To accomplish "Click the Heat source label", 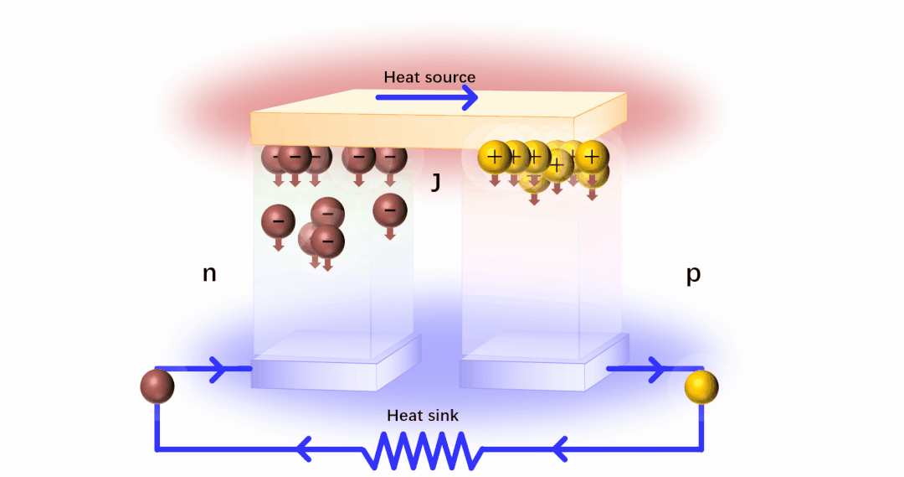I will tap(429, 77).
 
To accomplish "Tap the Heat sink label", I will tap(422, 415).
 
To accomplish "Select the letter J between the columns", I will tap(435, 181).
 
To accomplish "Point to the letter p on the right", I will tap(693, 274).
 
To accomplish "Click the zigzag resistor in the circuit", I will tap(423, 450).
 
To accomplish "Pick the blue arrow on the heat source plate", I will tap(426, 97).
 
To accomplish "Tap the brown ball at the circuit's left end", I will tap(157, 386).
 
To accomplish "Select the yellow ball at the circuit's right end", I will tap(701, 386).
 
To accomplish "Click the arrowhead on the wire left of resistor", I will tap(306, 449).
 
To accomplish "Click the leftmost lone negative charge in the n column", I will tap(278, 222).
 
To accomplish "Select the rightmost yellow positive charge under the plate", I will tap(592, 156).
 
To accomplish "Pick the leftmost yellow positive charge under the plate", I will tap(494, 156).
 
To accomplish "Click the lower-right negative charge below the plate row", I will tap(389, 210).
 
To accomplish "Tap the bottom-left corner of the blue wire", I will tap(157, 449).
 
